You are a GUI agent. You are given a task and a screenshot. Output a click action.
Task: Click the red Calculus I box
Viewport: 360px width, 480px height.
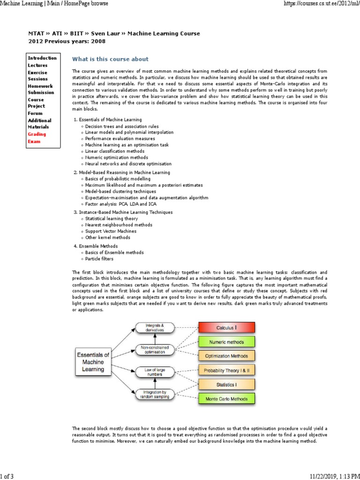pos(226,327)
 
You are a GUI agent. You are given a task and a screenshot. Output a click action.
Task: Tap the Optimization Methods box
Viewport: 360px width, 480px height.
pos(226,356)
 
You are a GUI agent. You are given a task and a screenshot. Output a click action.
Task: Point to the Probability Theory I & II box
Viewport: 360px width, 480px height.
pos(226,370)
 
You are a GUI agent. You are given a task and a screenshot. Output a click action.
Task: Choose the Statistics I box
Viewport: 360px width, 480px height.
pos(226,385)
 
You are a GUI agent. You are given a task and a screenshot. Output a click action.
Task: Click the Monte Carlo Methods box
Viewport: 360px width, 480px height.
pos(226,399)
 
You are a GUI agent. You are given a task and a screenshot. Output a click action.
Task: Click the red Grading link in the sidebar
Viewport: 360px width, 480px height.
pos(37,134)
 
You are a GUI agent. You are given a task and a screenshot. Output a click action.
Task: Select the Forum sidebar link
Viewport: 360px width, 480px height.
pos(35,113)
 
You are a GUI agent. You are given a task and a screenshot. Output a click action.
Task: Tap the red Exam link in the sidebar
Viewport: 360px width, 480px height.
pos(34,141)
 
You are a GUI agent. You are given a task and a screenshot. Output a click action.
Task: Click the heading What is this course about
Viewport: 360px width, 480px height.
pos(110,59)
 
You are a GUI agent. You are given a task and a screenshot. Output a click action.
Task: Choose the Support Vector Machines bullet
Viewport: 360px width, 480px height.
pos(111,231)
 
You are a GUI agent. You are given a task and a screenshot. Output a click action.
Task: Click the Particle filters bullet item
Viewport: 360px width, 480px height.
pos(99,259)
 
